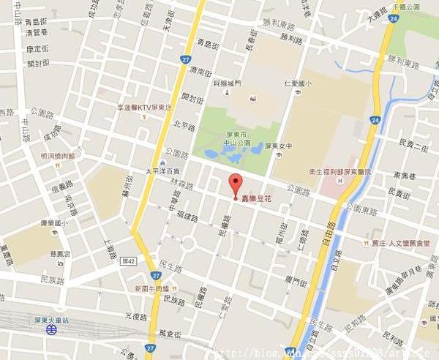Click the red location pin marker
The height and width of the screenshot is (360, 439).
[235, 184]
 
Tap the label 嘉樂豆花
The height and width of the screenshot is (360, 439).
[257, 198]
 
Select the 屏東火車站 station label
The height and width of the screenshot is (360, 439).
[50, 319]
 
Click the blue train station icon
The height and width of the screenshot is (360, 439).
[50, 330]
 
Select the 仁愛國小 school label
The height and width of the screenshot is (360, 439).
[298, 83]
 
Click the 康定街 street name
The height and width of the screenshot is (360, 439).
[37, 49]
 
